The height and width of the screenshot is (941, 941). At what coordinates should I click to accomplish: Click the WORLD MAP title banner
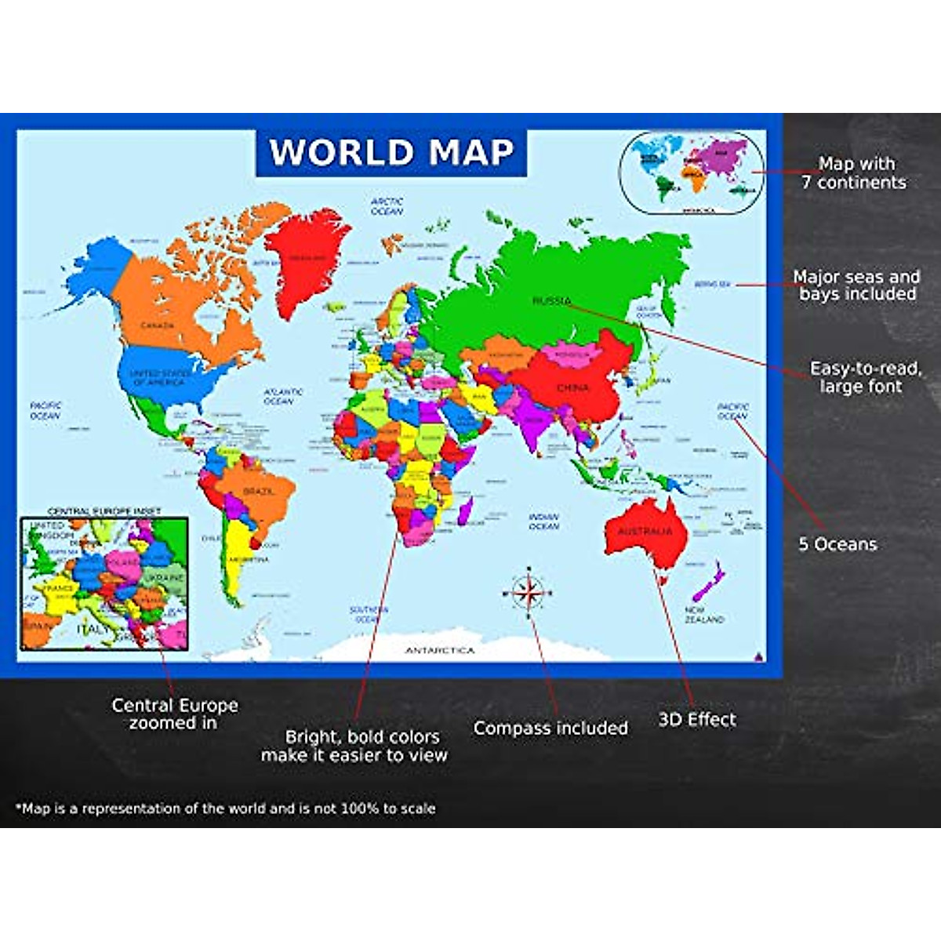[x=391, y=152]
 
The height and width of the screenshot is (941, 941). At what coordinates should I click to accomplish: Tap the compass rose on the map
[x=529, y=592]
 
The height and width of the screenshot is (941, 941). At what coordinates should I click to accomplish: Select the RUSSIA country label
[x=552, y=301]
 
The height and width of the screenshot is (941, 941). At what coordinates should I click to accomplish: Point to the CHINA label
[x=572, y=387]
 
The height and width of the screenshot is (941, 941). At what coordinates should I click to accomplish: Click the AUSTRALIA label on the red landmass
[x=645, y=532]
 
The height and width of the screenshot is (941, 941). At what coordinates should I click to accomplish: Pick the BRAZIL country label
[x=259, y=491]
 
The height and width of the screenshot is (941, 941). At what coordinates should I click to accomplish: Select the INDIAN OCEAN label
[x=543, y=521]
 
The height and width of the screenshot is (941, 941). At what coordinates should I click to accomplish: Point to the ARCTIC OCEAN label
[x=387, y=206]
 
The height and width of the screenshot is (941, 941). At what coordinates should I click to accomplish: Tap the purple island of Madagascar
[x=463, y=514]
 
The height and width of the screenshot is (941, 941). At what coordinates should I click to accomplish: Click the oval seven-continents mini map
[x=691, y=173]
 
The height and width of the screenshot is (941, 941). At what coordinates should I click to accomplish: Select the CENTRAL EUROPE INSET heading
[x=104, y=511]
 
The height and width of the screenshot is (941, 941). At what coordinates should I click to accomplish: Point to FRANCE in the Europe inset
[x=59, y=587]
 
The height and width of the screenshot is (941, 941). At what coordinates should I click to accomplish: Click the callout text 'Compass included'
[x=550, y=728]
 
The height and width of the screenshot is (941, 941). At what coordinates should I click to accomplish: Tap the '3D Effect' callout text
[x=697, y=720]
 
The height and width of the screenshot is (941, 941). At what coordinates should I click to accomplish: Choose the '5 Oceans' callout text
[x=837, y=544]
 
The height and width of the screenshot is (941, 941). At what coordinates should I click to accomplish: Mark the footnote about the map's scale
[x=225, y=808]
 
